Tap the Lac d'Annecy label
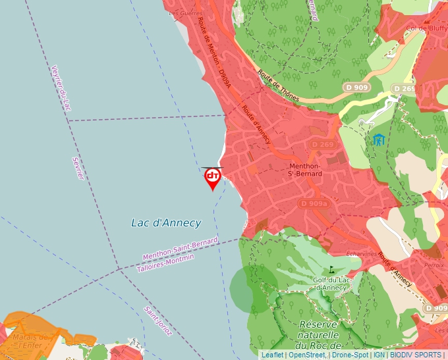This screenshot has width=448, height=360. tap(166, 222)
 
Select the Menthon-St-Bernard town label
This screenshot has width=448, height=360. tap(306, 170)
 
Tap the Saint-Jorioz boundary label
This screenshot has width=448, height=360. tap(158, 321)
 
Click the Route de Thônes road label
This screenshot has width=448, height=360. tap(278, 86)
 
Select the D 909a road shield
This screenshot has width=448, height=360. tap(314, 204)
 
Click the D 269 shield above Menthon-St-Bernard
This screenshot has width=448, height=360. tap(323, 145)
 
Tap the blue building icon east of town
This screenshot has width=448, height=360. tap(378, 140)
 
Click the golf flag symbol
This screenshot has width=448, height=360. tap(331, 269)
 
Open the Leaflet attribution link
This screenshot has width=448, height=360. tap(273, 355)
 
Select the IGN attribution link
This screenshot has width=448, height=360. tap(379, 355)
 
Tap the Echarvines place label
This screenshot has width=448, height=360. tap(362, 253)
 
